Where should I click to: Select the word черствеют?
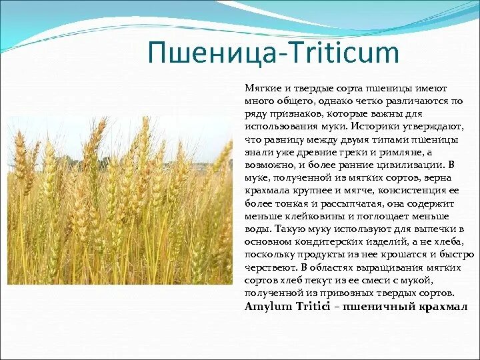(269, 267)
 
